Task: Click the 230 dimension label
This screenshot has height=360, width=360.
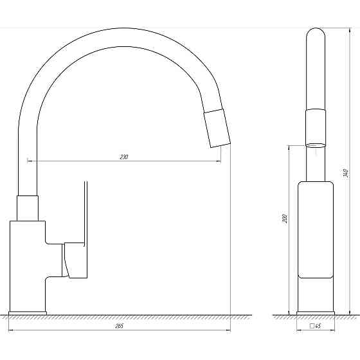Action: (123, 157)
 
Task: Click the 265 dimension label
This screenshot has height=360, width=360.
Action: (119, 327)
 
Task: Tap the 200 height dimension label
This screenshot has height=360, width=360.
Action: (284, 219)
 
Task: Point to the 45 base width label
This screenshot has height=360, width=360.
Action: (318, 326)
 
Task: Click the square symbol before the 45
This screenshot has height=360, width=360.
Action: (312, 326)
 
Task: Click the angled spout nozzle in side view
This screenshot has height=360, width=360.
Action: (217, 129)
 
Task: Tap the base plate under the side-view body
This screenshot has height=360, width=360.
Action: (28, 313)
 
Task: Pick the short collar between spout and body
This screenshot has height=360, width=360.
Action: (28, 208)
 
